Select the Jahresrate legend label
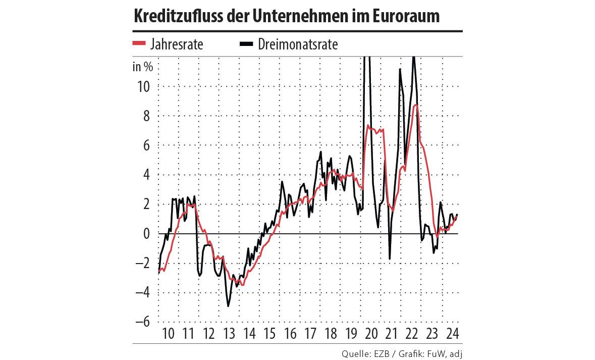(176, 44)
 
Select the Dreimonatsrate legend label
(298, 44)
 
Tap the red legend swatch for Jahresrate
(139, 44)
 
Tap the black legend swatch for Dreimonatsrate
(246, 44)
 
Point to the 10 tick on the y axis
(143, 86)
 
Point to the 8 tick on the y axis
(146, 116)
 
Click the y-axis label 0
(146, 234)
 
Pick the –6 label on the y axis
(143, 322)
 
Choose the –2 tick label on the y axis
(143, 263)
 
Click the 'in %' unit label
(142, 66)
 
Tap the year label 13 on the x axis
(229, 334)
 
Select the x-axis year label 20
(371, 334)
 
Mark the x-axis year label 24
(452, 334)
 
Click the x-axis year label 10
(169, 334)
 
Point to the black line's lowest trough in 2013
(228, 306)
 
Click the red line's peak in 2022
(415, 105)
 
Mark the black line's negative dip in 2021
(390, 259)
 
